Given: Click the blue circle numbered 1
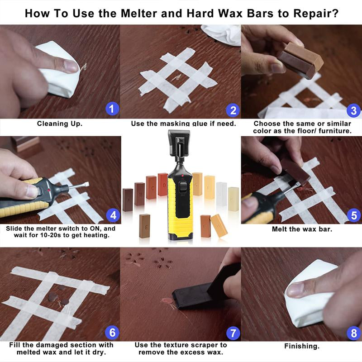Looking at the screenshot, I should coord(112,109).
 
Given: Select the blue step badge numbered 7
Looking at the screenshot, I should coord(233,333).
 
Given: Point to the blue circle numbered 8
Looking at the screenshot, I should coord(353,333).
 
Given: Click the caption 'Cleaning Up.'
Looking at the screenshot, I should coord(60,123).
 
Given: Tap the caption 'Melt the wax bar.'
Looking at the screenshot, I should coord(302,229).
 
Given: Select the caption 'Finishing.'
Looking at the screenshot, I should coord(302,346).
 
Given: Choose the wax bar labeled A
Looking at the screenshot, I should coord(128,200).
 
